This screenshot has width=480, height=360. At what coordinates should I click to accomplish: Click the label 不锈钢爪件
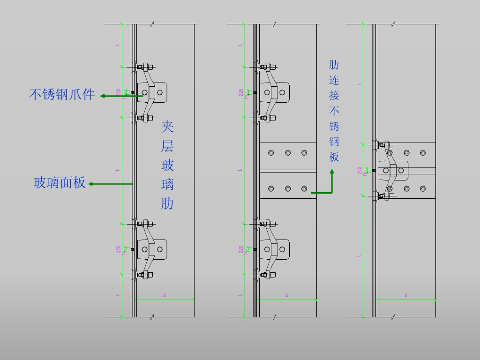(x=62, y=95)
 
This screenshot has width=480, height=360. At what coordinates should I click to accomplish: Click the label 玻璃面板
(x=60, y=183)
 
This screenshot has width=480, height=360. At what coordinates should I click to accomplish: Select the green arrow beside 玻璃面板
(x=110, y=184)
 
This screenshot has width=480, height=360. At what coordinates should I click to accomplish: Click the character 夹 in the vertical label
(x=167, y=127)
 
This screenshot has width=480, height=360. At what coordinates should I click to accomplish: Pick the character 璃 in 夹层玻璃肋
(x=167, y=184)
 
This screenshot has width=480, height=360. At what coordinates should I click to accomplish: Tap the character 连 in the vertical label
(x=334, y=80)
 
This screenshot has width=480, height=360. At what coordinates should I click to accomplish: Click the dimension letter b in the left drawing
(x=165, y=295)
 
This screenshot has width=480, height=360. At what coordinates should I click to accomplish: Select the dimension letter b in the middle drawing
(x=287, y=295)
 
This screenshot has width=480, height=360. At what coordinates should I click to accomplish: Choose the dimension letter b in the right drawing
(x=405, y=295)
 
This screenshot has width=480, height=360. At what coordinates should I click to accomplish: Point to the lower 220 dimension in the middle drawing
(x=241, y=249)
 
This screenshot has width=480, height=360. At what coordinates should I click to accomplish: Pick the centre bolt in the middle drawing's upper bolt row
(x=287, y=153)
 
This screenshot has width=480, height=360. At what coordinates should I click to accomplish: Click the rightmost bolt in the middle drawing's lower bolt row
(x=304, y=188)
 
